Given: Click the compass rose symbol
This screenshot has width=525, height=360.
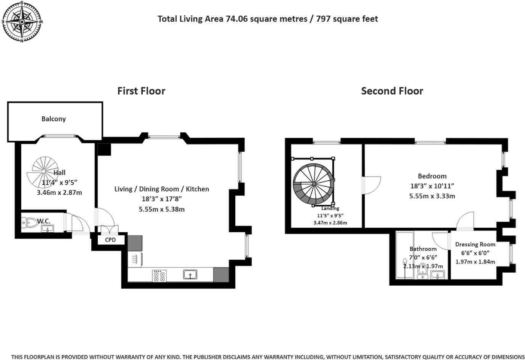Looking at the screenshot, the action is [x=22, y=22].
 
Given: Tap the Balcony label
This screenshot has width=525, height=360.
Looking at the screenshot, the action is [x=53, y=119].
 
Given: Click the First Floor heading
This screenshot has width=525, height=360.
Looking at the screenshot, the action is [x=141, y=91].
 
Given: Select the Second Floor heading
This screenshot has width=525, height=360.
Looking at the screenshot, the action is [x=392, y=91].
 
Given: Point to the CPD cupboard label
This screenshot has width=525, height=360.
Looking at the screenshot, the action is [x=110, y=240].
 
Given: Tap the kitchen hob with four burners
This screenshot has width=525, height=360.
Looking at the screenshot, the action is [x=159, y=276].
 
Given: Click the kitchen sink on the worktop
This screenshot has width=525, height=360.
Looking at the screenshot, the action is [x=190, y=275].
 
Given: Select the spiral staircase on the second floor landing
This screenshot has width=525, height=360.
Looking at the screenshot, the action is [x=313, y=184].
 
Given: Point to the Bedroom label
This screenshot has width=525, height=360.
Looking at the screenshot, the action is [x=432, y=176].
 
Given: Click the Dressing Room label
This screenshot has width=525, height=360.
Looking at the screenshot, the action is [x=475, y=244].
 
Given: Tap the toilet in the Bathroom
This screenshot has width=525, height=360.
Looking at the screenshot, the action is [x=423, y=271].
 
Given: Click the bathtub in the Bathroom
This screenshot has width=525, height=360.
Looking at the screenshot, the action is [x=405, y=255].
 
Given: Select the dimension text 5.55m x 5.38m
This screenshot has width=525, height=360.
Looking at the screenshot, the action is [x=162, y=209].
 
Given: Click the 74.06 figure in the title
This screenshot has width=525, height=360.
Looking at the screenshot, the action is [x=237, y=19].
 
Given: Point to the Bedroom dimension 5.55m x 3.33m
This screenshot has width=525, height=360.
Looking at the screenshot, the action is [x=432, y=196].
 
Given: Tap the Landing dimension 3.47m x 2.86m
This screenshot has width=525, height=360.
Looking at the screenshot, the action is [x=330, y=223].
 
